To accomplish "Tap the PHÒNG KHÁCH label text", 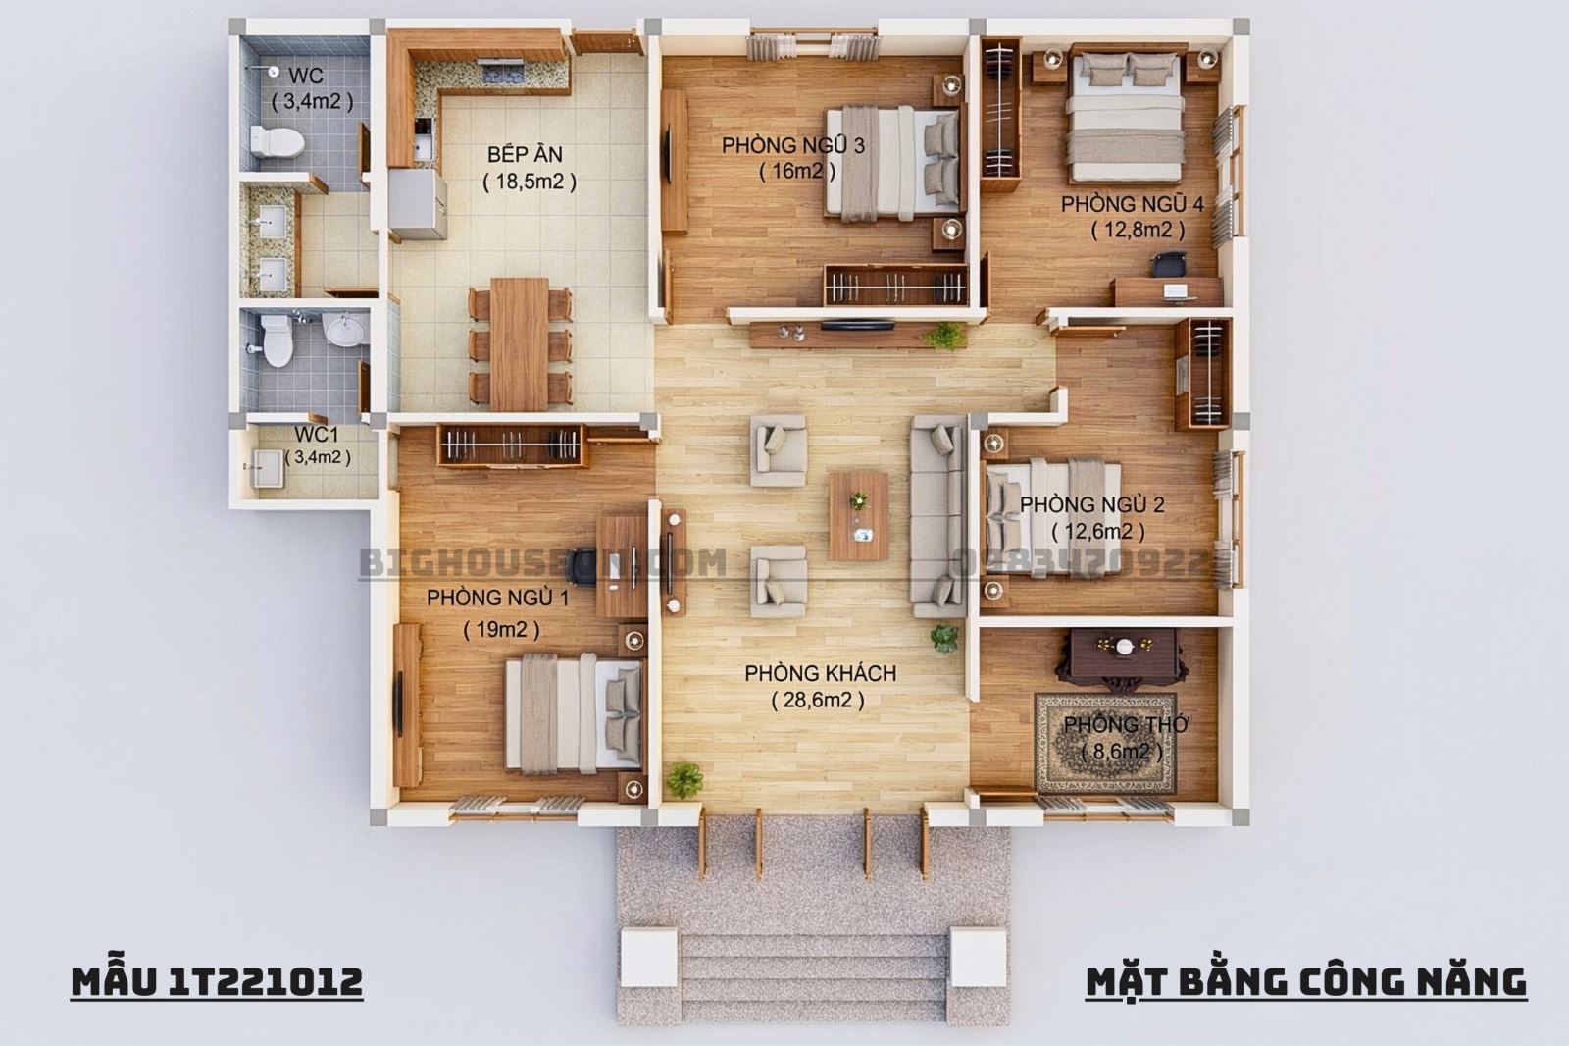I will pyautogui.click(x=820, y=673).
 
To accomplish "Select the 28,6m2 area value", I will pyautogui.click(x=818, y=700).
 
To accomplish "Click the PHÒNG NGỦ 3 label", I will pyautogui.click(x=792, y=145).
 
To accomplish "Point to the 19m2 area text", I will pyautogui.click(x=501, y=630).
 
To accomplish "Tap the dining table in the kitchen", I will pyautogui.click(x=520, y=343).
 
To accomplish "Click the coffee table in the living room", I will pyautogui.click(x=859, y=515).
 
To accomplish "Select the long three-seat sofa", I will pyautogui.click(x=937, y=515).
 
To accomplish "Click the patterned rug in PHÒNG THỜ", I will pyautogui.click(x=1105, y=743).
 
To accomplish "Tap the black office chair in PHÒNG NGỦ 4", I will pyautogui.click(x=1169, y=263).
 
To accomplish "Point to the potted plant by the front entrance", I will pyautogui.click(x=684, y=781).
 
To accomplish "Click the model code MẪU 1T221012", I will pyautogui.click(x=217, y=980).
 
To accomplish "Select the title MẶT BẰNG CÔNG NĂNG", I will pyautogui.click(x=1305, y=980).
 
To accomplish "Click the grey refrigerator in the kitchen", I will pyautogui.click(x=417, y=205).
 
